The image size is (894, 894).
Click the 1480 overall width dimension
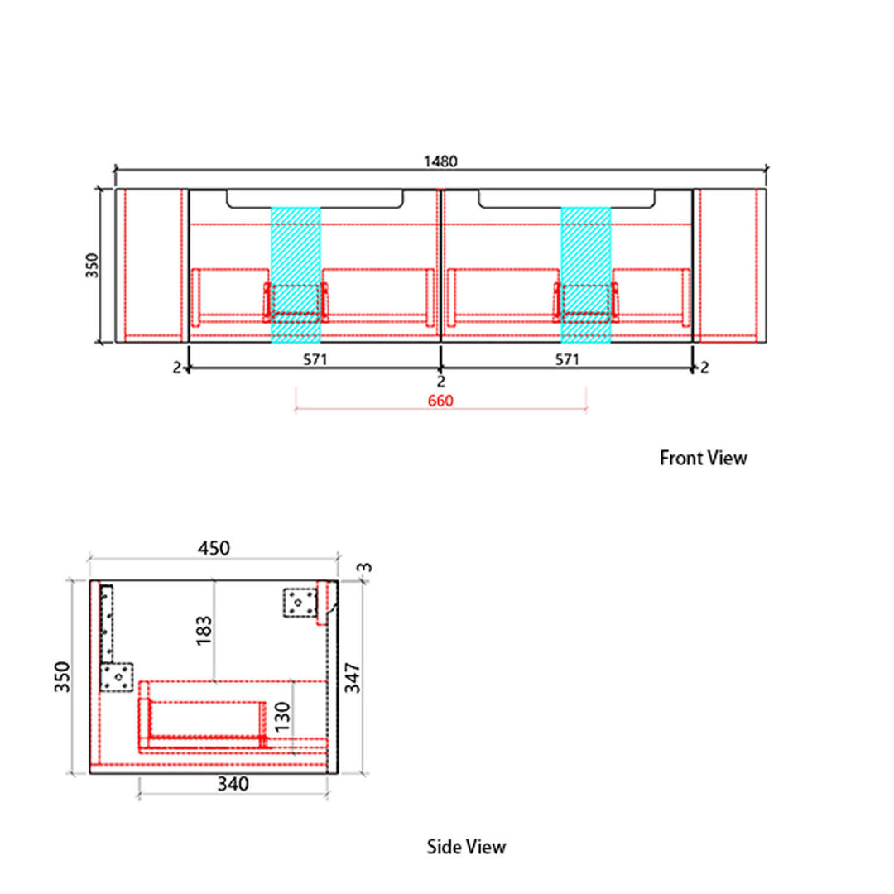click(440, 161)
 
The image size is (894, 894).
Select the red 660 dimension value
click(440, 401)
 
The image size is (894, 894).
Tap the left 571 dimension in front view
click(315, 359)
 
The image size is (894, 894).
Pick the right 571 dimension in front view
click(567, 359)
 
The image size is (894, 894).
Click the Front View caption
click(703, 458)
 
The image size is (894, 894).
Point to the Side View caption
click(466, 847)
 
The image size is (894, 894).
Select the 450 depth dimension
click(214, 548)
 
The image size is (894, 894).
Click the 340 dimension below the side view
click(233, 784)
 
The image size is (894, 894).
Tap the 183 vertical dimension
click(204, 630)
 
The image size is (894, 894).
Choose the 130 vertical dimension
click(282, 717)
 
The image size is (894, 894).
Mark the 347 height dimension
click(353, 677)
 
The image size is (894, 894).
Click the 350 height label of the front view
click(92, 266)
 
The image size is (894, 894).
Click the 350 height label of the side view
click(62, 677)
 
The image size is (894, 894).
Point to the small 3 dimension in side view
click(365, 567)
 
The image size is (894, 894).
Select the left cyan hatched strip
click(296, 275)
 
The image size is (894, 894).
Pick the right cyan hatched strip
click(585, 275)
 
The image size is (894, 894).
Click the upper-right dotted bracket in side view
click(300, 603)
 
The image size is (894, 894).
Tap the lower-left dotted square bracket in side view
click(117, 677)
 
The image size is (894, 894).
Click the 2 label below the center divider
click(440, 381)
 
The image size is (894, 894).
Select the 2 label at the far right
click(704, 368)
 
